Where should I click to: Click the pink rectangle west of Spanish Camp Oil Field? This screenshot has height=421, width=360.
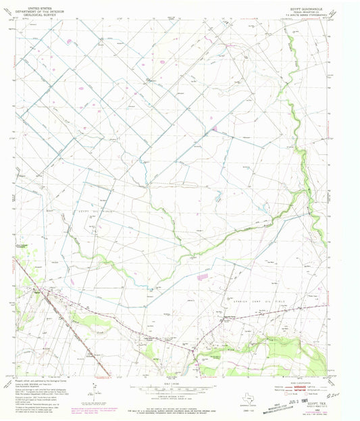click(201, 276)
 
